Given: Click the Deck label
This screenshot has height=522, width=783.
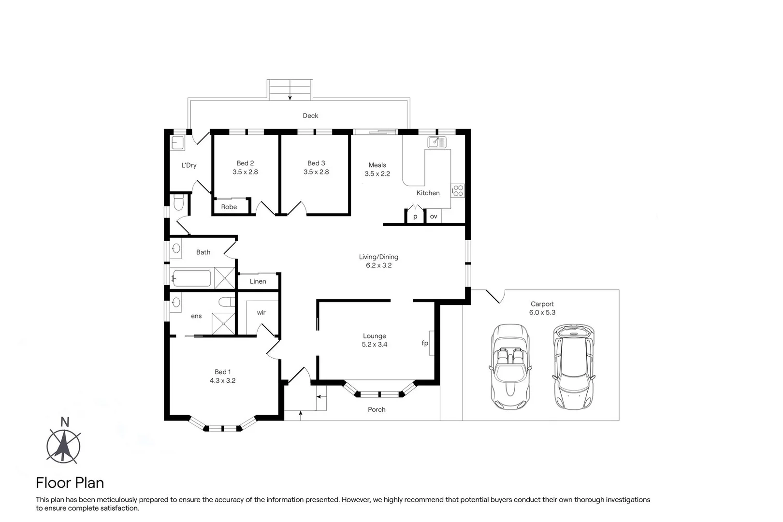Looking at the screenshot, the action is point(310,116).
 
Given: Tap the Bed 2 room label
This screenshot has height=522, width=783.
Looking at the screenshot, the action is point(245,163).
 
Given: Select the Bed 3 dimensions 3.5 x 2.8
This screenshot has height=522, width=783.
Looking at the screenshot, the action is point(316,172).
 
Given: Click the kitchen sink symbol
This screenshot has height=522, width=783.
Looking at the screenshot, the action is point(437,142).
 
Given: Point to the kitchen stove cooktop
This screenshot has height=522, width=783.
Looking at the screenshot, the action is point(458,191).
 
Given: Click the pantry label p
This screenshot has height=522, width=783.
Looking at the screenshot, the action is point(415,217).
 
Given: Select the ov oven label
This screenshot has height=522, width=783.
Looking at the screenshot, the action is point(434,217).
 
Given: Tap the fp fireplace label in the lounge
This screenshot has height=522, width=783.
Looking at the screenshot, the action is point(425,343).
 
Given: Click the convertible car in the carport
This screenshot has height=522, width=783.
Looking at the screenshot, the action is point(510,366).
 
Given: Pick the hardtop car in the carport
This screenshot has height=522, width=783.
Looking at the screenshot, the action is point(573,367).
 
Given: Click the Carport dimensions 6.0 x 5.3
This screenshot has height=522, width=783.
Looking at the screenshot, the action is point(542,313).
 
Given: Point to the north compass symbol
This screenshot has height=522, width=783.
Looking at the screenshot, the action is point(63,443).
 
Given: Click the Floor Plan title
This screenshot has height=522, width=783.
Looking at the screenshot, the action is point(70,483).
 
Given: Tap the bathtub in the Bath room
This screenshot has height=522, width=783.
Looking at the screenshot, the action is point(191,278).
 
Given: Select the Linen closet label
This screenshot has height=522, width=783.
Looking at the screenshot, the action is point(258,281).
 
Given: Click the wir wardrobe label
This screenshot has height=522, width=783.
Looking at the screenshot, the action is point(261,313).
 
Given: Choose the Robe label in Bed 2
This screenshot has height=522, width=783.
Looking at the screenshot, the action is point(229,207).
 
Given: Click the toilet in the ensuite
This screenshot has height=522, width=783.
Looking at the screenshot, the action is point(227,302).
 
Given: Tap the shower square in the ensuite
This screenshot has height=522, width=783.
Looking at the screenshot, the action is point(223,323).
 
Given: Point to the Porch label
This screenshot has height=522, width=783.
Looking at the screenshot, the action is point(377,409).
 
